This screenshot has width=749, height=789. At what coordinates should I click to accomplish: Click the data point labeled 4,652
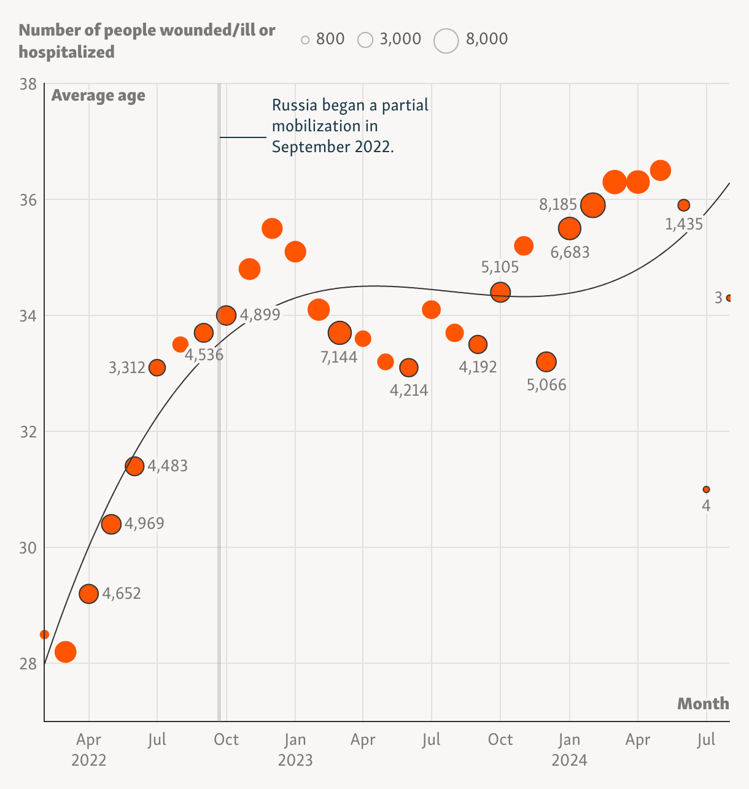89,593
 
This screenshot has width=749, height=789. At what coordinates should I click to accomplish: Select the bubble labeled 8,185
593,205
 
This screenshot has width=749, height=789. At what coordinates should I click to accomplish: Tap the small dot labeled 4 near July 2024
706,489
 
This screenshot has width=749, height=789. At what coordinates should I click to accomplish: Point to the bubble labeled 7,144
340,333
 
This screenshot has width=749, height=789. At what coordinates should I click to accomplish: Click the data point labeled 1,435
683,205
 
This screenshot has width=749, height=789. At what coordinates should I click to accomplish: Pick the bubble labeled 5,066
546,362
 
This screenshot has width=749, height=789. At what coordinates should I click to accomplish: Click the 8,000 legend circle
446,40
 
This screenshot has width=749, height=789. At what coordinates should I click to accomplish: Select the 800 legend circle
305,40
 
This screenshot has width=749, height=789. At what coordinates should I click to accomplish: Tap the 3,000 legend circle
365,40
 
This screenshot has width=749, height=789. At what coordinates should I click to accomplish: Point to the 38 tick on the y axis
28,84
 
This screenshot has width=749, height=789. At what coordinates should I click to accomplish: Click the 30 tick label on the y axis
28,547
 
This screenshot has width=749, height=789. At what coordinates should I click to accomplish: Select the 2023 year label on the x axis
295,761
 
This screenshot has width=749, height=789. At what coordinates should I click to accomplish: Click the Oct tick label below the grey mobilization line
226,740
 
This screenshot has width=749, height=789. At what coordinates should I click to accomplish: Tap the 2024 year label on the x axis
569,761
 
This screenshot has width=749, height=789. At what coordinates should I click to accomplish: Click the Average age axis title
98,96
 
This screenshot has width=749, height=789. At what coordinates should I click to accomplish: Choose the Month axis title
703,704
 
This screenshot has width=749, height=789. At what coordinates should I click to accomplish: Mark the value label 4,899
260,315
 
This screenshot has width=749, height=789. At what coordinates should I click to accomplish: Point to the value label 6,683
570,252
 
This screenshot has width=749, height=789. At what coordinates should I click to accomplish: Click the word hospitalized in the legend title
66,52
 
